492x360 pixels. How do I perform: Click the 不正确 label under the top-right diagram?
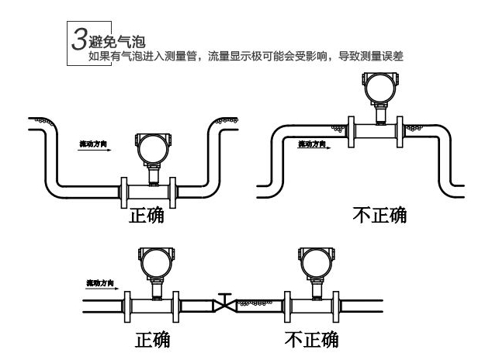(x=379, y=215)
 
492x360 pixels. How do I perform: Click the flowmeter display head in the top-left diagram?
(x=151, y=147)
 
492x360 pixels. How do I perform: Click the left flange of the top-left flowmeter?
(x=123, y=190)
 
